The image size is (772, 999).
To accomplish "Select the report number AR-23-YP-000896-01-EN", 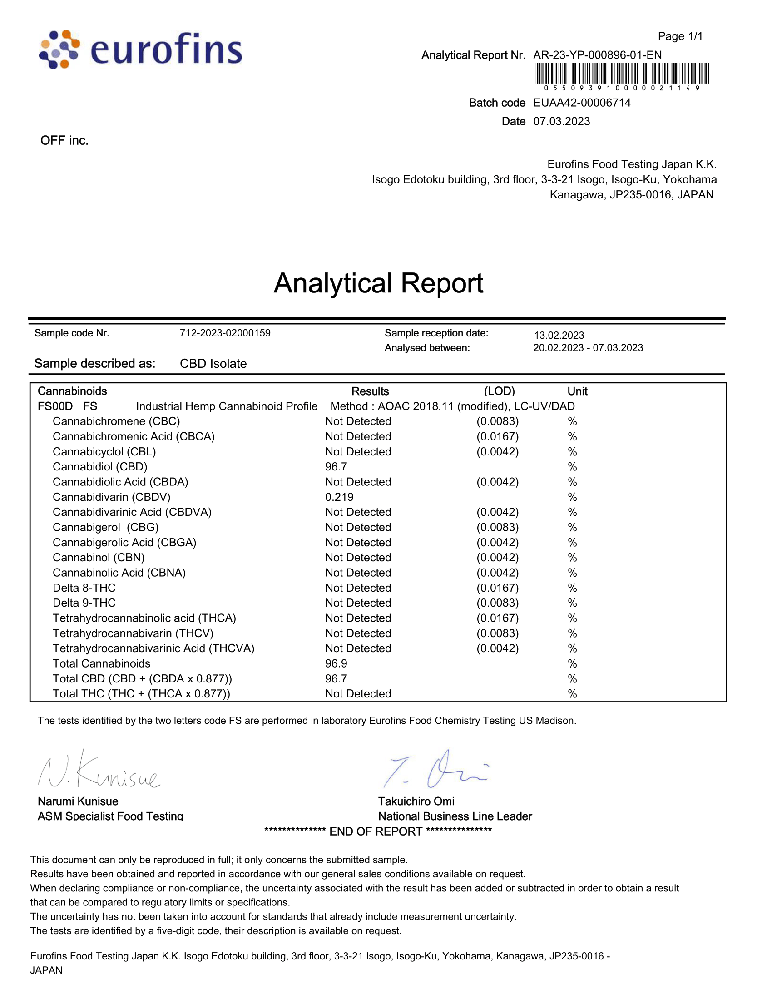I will coord(597,55).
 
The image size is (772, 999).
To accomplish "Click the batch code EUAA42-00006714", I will coord(582,103).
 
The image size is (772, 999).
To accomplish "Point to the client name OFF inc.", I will coord(64,140).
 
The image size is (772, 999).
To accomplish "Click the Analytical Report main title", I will coord(378,283).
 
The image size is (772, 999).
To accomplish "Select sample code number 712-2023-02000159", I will coord(225,333).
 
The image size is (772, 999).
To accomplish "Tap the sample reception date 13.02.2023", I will coord(559,335).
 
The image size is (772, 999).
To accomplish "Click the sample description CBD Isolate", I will coord(213,364).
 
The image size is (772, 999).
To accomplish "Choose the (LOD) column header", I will coord(499,391).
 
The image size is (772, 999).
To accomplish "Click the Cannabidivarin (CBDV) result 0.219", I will coord(339,497).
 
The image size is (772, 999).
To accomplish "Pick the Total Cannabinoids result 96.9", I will coord(336,664).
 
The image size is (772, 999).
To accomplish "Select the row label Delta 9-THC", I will coord(84,603).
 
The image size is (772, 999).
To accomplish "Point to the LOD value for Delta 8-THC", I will coord(498,588).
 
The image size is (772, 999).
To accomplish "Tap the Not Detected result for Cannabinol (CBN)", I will coord(358,558).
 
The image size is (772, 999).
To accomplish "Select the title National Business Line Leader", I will coord(455,816).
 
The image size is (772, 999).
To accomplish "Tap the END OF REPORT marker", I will coord(378,831).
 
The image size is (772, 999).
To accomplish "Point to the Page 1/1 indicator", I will coord(680,36).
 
